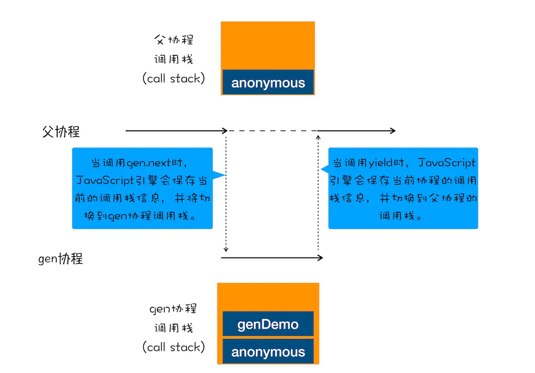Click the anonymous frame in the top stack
pyautogui.click(x=268, y=83)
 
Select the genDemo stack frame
pyautogui.click(x=268, y=324)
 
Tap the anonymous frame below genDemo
pyautogui.click(x=268, y=351)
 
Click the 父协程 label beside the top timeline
pyautogui.click(x=61, y=132)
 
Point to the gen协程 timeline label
pyautogui.click(x=60, y=259)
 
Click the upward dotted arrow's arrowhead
pyautogui.click(x=319, y=137)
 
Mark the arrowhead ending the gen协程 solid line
pyautogui.click(x=321, y=258)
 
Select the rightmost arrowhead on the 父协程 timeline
pyautogui.click(x=393, y=130)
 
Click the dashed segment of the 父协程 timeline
pyautogui.click(x=272, y=130)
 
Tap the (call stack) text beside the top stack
pyautogui.click(x=173, y=78)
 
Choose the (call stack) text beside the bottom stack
pyautogui.click(x=173, y=347)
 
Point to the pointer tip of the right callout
pyautogui.click(x=321, y=169)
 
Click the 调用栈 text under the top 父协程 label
pyautogui.click(x=173, y=60)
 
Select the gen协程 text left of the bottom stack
pyautogui.click(x=173, y=308)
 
